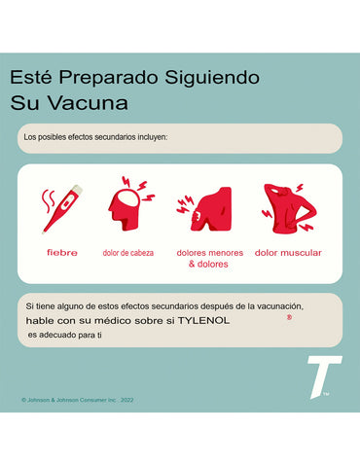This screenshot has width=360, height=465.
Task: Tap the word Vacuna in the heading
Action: tap(88, 103)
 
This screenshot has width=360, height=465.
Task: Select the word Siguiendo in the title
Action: tap(212, 79)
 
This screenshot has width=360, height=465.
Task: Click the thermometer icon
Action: tap(62, 208)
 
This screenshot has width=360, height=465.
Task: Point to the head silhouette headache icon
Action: tap(129, 204)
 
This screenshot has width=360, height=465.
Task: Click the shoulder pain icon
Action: tap(205, 209)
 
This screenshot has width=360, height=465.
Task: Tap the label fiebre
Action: tap(62, 253)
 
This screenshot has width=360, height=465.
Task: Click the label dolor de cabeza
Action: tap(128, 253)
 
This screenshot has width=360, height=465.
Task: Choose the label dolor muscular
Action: tap(288, 253)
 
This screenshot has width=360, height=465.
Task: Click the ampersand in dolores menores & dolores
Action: tap(192, 264)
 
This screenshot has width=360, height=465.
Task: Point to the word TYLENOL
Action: tap(203, 321)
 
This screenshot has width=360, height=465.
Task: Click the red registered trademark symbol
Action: tap(289, 317)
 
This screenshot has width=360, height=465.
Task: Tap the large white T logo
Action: tap(324, 376)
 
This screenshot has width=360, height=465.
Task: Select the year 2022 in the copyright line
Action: tap(126, 400)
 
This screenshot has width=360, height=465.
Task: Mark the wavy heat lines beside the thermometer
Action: tap(48, 200)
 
